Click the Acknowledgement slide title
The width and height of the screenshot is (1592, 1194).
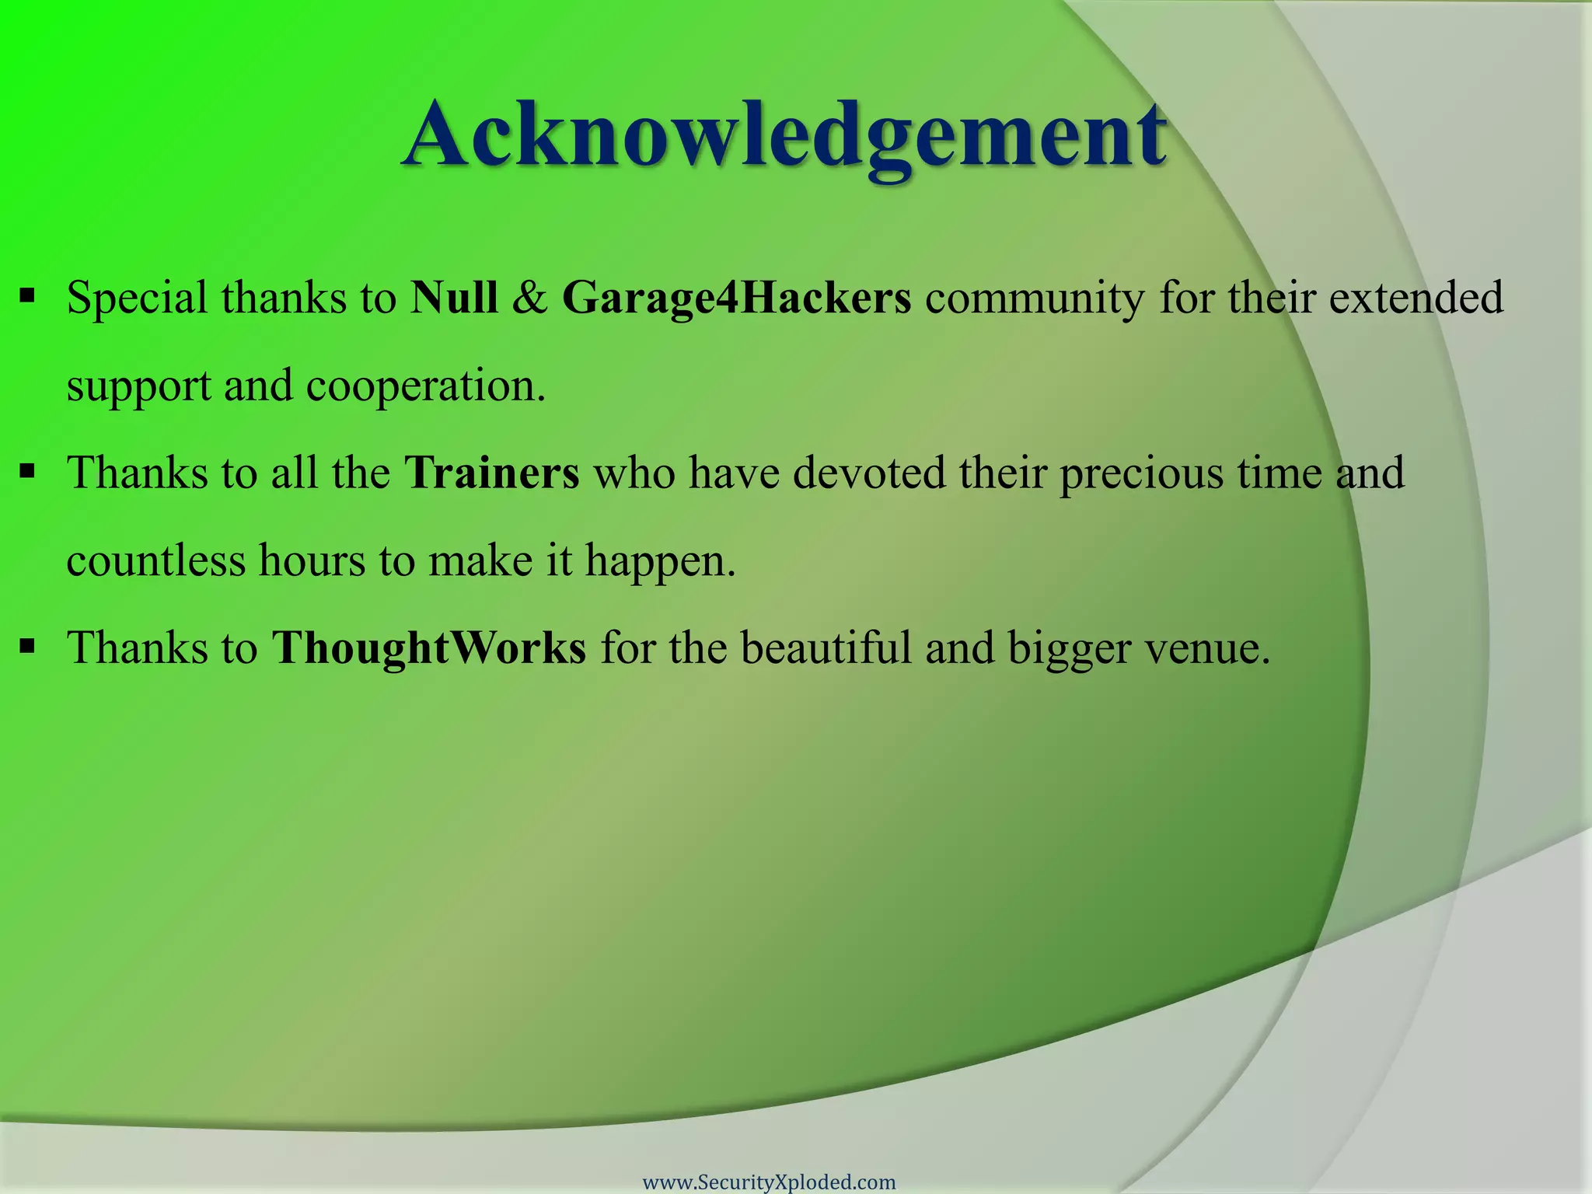pos(784,136)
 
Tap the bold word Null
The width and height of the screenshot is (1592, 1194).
pos(454,298)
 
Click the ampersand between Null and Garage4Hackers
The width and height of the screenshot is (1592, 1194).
pos(529,298)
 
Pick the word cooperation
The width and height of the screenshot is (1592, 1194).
pos(425,386)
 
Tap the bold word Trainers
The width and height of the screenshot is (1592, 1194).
pos(491,473)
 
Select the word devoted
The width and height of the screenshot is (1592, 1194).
pos(869,473)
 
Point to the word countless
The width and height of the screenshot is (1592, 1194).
pos(155,560)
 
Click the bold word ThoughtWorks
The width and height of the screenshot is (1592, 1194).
pos(428,648)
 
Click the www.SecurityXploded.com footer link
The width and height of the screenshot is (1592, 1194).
pos(769,1182)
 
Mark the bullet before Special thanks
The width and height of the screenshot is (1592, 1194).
pos(28,296)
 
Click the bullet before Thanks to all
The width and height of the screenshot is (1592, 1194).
pos(28,471)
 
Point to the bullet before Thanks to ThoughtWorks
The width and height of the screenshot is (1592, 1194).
pos(28,646)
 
